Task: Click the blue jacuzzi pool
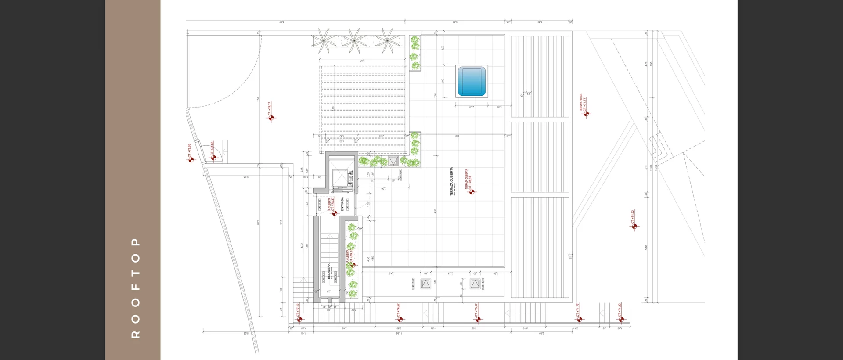pyautogui.click(x=472, y=82)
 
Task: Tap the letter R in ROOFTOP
pyautogui.click(x=135, y=335)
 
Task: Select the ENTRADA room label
pyautogui.click(x=342, y=204)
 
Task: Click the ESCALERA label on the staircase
pyautogui.click(x=329, y=271)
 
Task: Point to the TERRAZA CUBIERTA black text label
pyautogui.click(x=451, y=181)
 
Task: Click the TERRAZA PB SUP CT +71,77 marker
pyautogui.click(x=586, y=114)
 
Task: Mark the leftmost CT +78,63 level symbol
pyautogui.click(x=191, y=160)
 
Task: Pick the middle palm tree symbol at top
pyautogui.click(x=354, y=40)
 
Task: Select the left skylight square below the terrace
pyautogui.click(x=425, y=284)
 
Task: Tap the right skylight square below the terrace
pyautogui.click(x=475, y=284)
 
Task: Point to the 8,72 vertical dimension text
pyautogui.click(x=259, y=223)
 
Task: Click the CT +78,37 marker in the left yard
pyautogui.click(x=271, y=117)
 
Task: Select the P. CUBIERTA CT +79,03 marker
pyautogui.click(x=353, y=265)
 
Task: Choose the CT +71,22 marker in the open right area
pyautogui.click(x=634, y=227)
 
